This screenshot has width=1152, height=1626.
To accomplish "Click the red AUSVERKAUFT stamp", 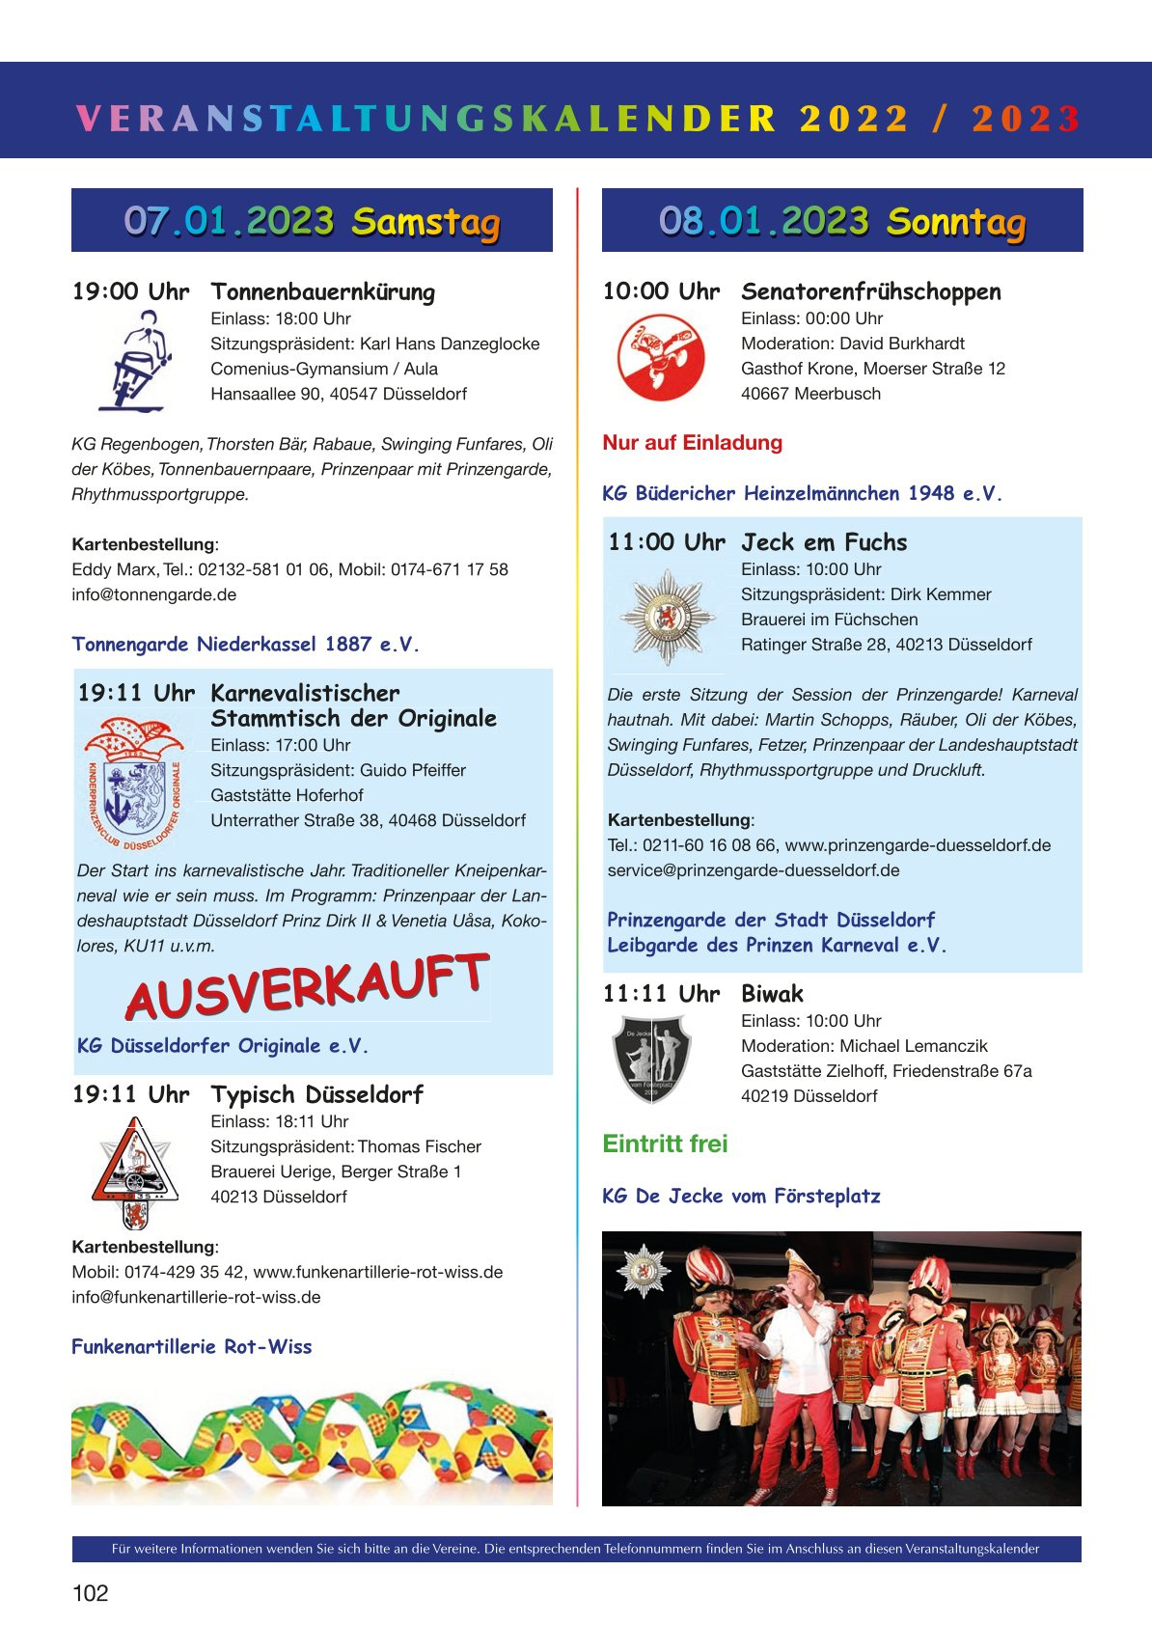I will [307, 986].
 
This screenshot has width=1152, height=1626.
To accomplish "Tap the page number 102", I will [91, 1593].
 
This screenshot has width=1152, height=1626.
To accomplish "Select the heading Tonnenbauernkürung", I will [322, 291].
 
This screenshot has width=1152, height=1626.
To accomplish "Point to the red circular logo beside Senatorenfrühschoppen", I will [661, 358].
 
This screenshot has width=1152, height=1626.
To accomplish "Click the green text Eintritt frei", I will [665, 1144].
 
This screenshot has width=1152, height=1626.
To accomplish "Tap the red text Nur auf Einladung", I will [692, 443].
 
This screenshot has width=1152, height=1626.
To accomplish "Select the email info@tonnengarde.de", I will [153, 594].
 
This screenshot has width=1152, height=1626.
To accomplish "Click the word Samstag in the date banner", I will [425, 222].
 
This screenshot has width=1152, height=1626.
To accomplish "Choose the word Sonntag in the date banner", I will [955, 222].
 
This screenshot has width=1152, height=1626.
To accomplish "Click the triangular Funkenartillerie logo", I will [135, 1171].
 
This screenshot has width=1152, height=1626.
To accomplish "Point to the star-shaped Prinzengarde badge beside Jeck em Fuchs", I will [667, 617].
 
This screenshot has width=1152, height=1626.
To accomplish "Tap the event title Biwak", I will [772, 994].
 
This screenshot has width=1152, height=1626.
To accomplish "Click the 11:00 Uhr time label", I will [666, 542].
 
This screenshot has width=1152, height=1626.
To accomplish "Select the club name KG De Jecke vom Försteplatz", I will [741, 1196].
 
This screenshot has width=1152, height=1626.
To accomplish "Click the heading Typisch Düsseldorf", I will [316, 1094].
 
